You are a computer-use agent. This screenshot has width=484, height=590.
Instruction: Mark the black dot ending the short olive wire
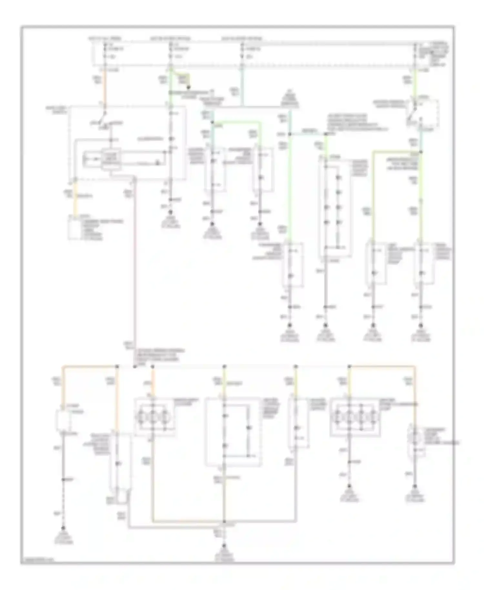pos(189,87)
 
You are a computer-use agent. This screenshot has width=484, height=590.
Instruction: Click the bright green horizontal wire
pos(237,122)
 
